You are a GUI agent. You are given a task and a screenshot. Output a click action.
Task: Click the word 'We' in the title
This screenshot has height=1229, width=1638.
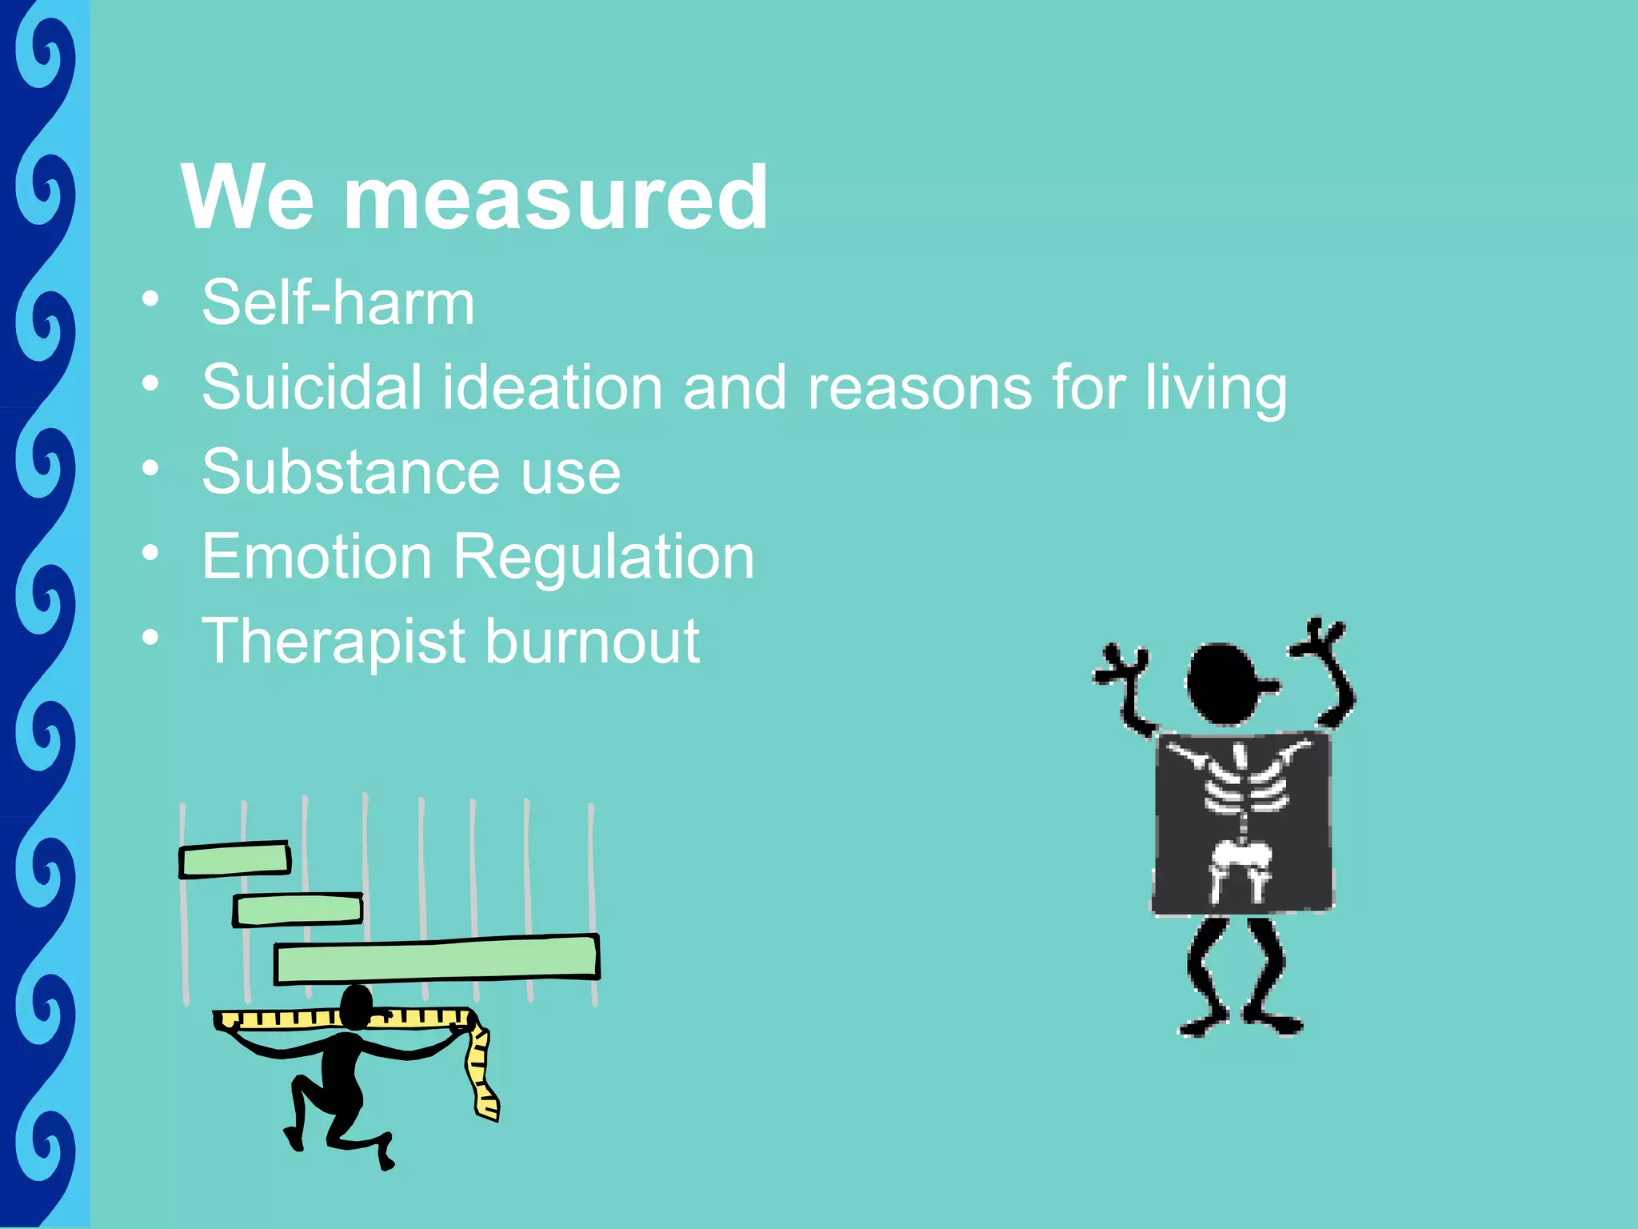pos(248,198)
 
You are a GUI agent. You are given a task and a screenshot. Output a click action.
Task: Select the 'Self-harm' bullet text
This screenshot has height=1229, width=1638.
pos(338,303)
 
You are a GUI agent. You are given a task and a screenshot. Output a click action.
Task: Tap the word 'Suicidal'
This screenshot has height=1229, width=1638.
pos(311,387)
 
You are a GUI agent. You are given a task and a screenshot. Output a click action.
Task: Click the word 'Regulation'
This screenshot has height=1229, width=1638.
pos(604,557)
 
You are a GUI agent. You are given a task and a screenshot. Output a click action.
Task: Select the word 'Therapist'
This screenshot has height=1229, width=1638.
pos(334,642)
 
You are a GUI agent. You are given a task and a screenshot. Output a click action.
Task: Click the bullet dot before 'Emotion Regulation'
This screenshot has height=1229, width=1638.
pos(150,553)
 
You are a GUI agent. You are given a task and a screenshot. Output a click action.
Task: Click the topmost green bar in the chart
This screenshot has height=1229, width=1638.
pos(234,860)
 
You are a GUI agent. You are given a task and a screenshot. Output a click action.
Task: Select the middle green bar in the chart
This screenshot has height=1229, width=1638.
pos(298,910)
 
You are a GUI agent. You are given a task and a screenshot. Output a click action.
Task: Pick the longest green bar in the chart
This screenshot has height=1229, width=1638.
pos(437,959)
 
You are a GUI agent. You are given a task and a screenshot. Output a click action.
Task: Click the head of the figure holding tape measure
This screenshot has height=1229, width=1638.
pos(356,1007)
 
